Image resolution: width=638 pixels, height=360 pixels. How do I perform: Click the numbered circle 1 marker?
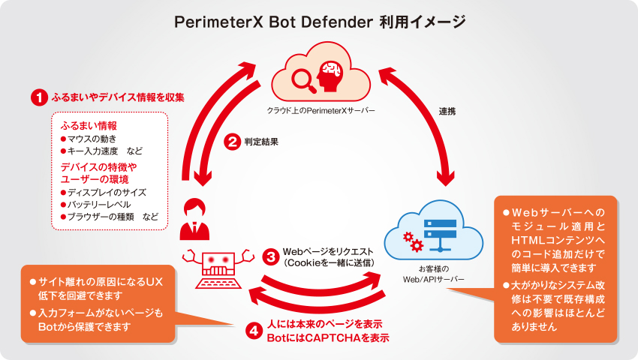pos(37,97)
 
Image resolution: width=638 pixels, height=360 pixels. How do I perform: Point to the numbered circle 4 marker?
pos(254,331)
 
